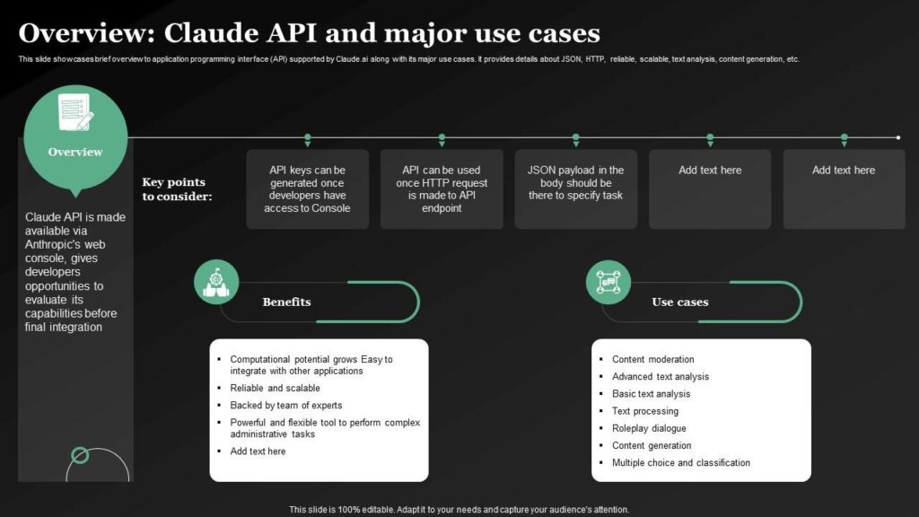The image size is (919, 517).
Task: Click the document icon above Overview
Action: coord(75,112)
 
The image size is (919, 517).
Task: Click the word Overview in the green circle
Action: coord(75,152)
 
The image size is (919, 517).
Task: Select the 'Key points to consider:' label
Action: coord(177,188)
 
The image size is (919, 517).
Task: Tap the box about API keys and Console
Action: coord(307,188)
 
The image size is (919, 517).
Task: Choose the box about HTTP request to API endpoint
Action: coord(442,188)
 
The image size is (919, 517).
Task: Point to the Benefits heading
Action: coord(286,302)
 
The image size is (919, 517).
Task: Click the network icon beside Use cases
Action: coord(608,282)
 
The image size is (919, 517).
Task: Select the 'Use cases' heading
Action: coord(679,302)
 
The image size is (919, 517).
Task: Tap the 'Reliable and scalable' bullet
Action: coord(275,388)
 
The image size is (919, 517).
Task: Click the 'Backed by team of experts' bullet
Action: coord(285,405)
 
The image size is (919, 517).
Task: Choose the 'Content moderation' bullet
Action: coord(652,359)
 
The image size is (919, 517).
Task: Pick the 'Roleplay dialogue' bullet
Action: coord(649,428)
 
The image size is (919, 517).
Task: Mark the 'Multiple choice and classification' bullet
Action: coord(680,463)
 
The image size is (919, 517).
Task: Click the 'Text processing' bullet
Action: coord(644,411)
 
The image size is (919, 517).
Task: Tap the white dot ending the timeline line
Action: coord(897,137)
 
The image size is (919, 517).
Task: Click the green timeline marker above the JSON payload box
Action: coord(575,139)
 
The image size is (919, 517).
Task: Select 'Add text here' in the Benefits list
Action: coord(258,451)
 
